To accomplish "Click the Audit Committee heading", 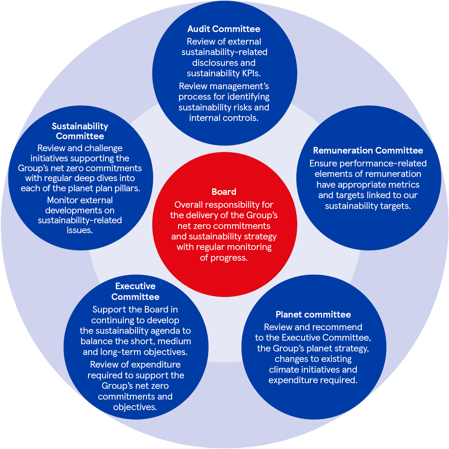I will [x=224, y=29].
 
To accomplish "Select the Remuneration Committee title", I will [x=368, y=150].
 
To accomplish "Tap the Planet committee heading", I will [x=313, y=314].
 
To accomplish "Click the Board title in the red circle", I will [x=224, y=192].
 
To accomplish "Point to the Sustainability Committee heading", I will [x=80, y=131].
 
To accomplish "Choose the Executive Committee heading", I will [x=135, y=291].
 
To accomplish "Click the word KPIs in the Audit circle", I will [x=251, y=73].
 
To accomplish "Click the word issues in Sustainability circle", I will [x=80, y=230].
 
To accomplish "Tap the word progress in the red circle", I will [x=232, y=258].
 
